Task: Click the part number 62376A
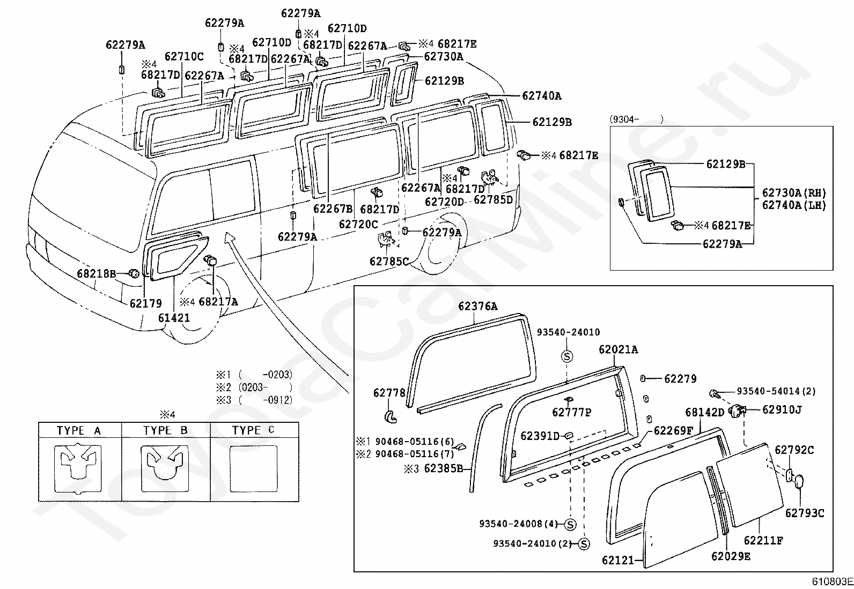(x=478, y=307)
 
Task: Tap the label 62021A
(x=618, y=349)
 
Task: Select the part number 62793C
(x=805, y=513)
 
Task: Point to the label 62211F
(x=764, y=540)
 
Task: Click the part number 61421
(x=174, y=318)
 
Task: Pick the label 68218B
(x=97, y=273)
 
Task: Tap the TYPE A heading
(x=79, y=430)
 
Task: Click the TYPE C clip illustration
(x=254, y=469)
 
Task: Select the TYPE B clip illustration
(x=165, y=469)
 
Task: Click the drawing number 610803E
(x=833, y=581)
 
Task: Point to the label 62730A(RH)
(x=794, y=193)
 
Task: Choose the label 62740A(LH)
(x=794, y=205)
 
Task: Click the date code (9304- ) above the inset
(x=636, y=120)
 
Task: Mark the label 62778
(x=389, y=393)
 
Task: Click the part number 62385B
(x=444, y=468)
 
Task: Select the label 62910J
(x=782, y=409)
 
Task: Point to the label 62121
(x=617, y=560)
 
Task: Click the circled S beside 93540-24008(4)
(x=570, y=525)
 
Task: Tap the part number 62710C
(x=184, y=57)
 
